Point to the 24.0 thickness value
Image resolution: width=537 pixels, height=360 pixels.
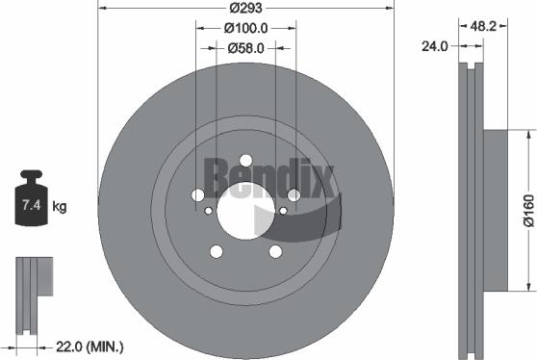[436, 45]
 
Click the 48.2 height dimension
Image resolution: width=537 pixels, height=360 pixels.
[484, 28]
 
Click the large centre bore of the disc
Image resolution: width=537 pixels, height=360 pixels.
[245, 212]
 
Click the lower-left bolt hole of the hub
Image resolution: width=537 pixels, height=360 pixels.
[216, 251]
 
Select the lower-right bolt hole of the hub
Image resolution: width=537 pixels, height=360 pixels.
[275, 251]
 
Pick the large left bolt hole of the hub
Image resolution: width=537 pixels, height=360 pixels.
[197, 194]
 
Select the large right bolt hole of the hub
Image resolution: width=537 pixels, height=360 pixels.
[294, 194]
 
